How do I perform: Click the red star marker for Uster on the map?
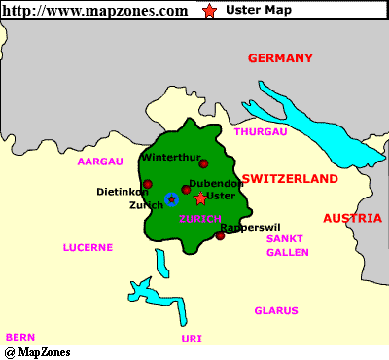pos(200,198)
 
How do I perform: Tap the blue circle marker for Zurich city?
pos(171,199)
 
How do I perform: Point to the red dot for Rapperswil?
pos(220,235)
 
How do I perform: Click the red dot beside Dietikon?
pos(148,184)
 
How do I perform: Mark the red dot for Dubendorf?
pos(186,190)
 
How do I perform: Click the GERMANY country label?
pos(280,58)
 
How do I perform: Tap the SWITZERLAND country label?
pos(290,179)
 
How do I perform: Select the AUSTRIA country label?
pos(352,218)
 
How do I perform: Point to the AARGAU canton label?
pos(100,161)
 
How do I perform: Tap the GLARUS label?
pos(275,311)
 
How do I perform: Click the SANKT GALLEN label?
pos(288,245)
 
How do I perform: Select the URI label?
pos(192,338)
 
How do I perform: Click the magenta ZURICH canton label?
pos(201,220)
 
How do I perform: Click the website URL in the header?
pos(95,11)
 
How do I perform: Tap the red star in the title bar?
pos(210,11)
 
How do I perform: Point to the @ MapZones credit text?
pos(37,351)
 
